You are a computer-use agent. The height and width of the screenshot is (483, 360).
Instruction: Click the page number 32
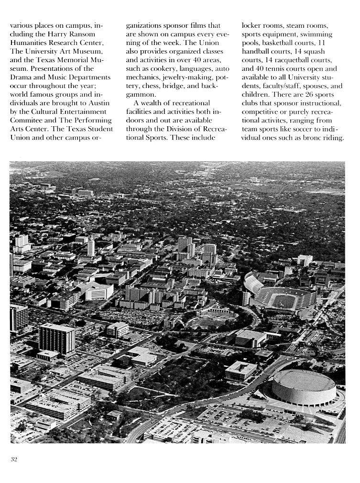coord(14,460)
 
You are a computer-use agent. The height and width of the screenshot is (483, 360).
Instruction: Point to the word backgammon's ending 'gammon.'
coord(139,95)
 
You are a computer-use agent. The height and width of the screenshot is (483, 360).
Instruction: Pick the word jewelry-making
coord(183,77)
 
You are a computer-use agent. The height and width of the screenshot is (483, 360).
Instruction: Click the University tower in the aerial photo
coord(91,246)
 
